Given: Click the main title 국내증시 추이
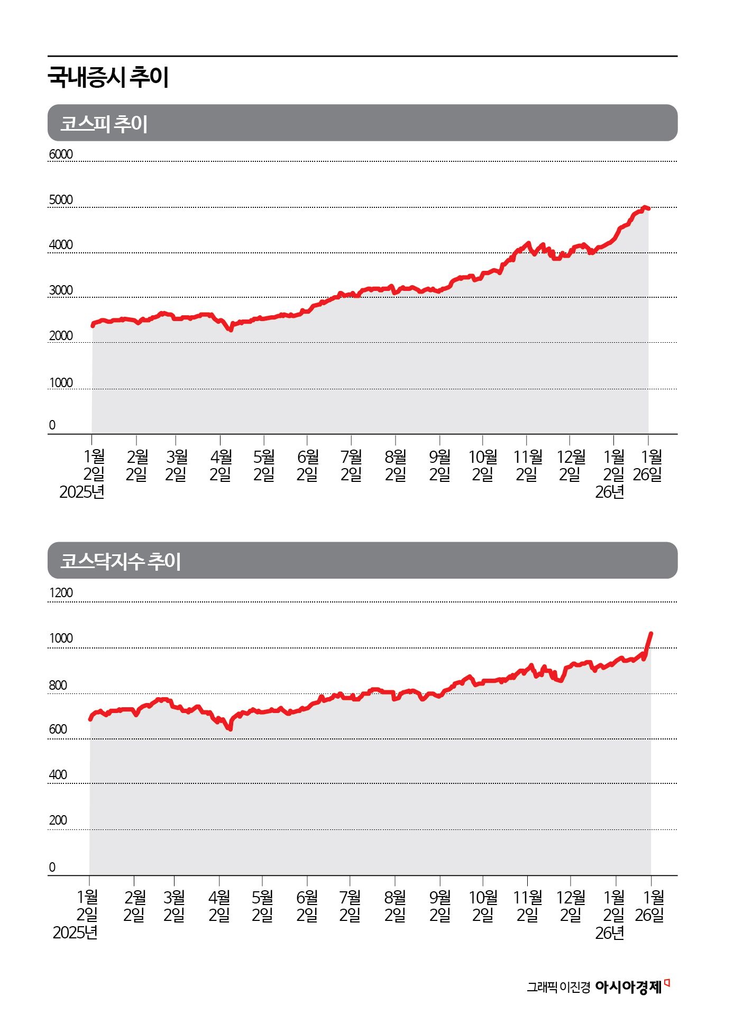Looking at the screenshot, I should pyautogui.click(x=108, y=77).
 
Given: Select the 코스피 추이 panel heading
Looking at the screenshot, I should pyautogui.click(x=104, y=123).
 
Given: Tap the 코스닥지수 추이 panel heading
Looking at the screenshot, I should pyautogui.click(x=121, y=561).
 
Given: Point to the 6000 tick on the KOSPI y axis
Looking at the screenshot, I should pyautogui.click(x=61, y=154).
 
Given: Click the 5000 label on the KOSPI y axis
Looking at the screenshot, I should pyautogui.click(x=61, y=200).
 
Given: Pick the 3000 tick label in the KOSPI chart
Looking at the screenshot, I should pyautogui.click(x=61, y=290).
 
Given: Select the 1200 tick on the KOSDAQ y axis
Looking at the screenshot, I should pyautogui.click(x=61, y=593).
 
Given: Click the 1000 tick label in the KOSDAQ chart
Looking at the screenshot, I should pyautogui.click(x=61, y=638).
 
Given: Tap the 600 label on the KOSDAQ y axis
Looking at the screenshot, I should pyautogui.click(x=58, y=729).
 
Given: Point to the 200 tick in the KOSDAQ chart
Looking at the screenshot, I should pyautogui.click(x=58, y=820).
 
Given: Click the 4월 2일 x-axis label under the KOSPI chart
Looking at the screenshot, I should pyautogui.click(x=221, y=465).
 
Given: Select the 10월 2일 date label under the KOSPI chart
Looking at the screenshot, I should pyautogui.click(x=483, y=465).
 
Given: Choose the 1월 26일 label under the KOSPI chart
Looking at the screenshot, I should pyautogui.click(x=648, y=465).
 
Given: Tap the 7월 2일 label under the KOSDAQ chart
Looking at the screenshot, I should pyautogui.click(x=350, y=906).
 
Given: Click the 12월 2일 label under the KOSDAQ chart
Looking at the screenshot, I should pyautogui.click(x=571, y=906).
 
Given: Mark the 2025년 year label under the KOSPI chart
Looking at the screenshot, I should pyautogui.click(x=82, y=492).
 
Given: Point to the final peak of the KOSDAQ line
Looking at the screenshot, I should pyautogui.click(x=651, y=633).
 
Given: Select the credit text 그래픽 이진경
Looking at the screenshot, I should pyautogui.click(x=558, y=988).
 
